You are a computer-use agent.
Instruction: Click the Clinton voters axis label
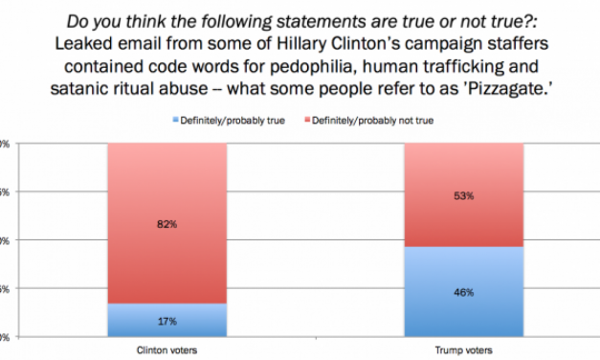(167, 351)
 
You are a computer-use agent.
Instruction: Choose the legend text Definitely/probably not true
(365, 122)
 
